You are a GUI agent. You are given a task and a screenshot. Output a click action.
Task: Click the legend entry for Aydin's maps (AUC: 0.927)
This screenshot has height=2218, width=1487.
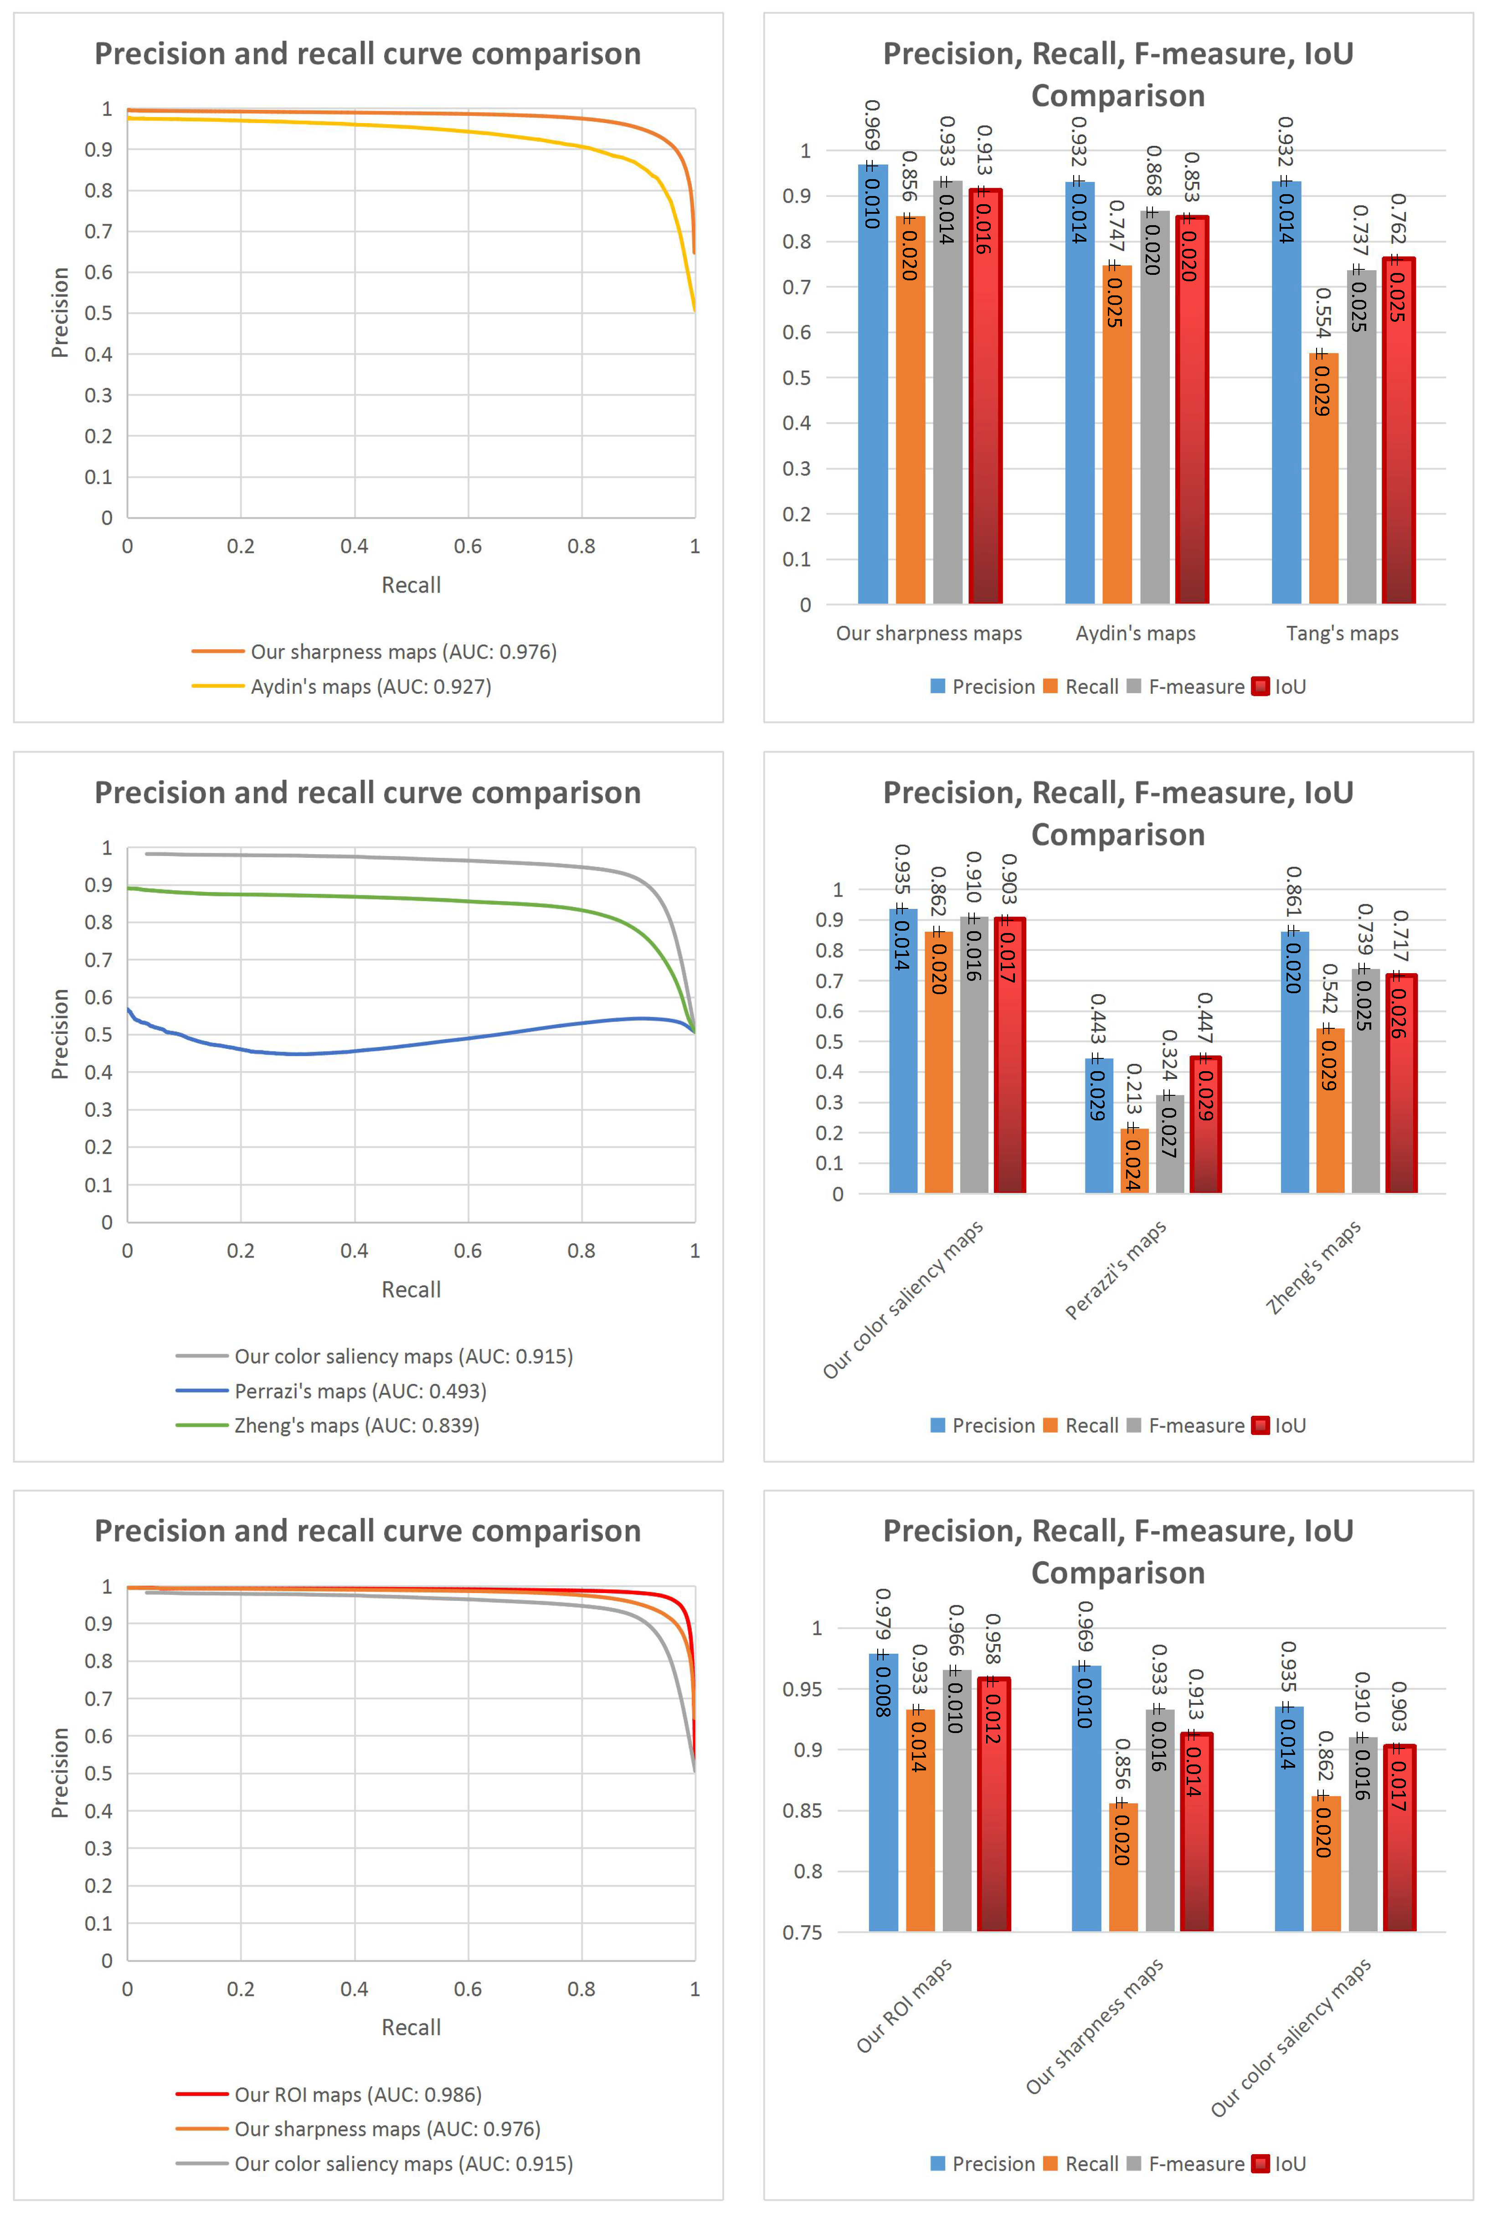tap(370, 686)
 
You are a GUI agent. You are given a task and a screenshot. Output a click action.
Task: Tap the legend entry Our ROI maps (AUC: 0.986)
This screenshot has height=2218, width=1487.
tap(358, 2095)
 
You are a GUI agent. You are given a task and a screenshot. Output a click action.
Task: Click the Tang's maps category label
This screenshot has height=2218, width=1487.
tap(1342, 634)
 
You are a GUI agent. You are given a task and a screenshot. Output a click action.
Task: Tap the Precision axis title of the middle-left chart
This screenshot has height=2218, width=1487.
tap(60, 1034)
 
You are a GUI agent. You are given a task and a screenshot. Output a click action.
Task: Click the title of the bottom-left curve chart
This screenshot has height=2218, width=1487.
tap(368, 1532)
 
